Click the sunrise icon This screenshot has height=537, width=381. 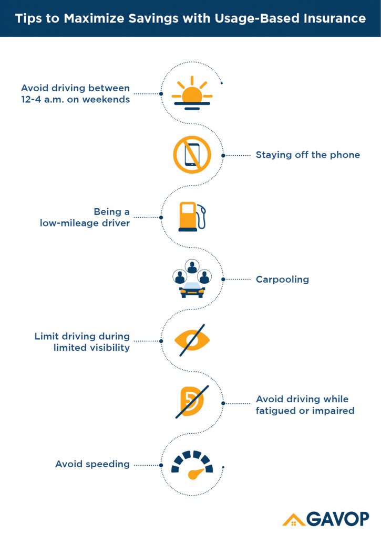(x=192, y=93)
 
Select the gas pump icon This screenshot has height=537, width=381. (x=192, y=217)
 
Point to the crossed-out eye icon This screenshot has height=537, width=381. (x=192, y=340)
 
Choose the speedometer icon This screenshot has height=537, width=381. (x=192, y=465)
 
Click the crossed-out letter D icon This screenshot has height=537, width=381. (x=192, y=401)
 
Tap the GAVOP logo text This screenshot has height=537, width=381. (x=338, y=519)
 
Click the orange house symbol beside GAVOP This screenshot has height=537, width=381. (x=293, y=520)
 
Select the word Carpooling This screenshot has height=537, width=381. (x=283, y=280)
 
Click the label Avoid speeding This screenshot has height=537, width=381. (x=92, y=464)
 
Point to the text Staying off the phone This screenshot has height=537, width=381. (x=308, y=155)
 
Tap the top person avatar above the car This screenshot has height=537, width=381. (x=192, y=266)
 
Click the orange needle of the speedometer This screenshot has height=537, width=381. (x=195, y=474)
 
